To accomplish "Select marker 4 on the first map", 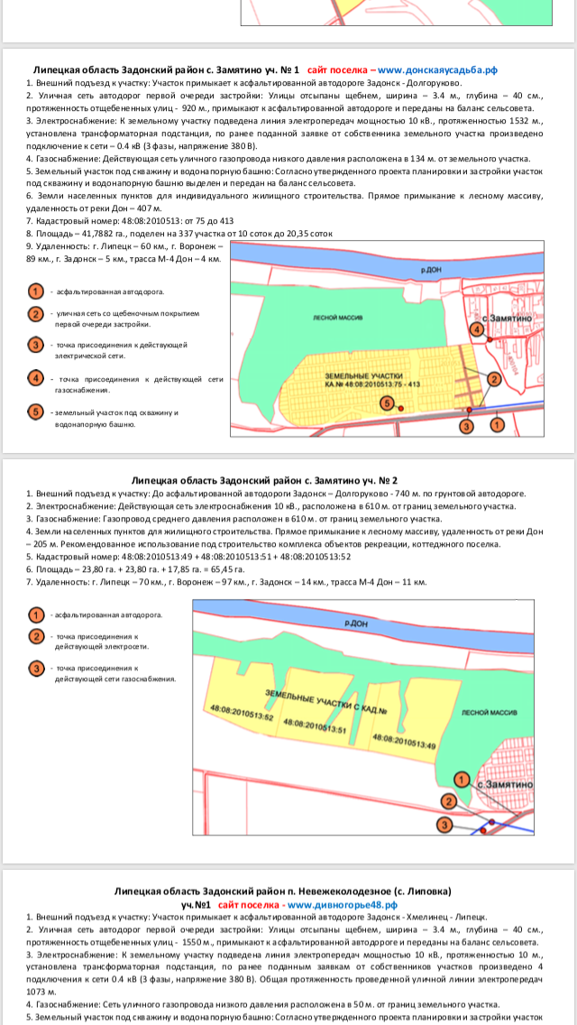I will click(x=476, y=329).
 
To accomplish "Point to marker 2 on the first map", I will click(x=494, y=379).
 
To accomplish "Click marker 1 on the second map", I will click(x=462, y=779).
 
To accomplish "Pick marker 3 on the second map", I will click(x=444, y=825).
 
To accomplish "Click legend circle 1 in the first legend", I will click(x=36, y=291).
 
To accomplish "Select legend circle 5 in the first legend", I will click(x=36, y=412).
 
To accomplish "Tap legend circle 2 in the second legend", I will click(x=36, y=636).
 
